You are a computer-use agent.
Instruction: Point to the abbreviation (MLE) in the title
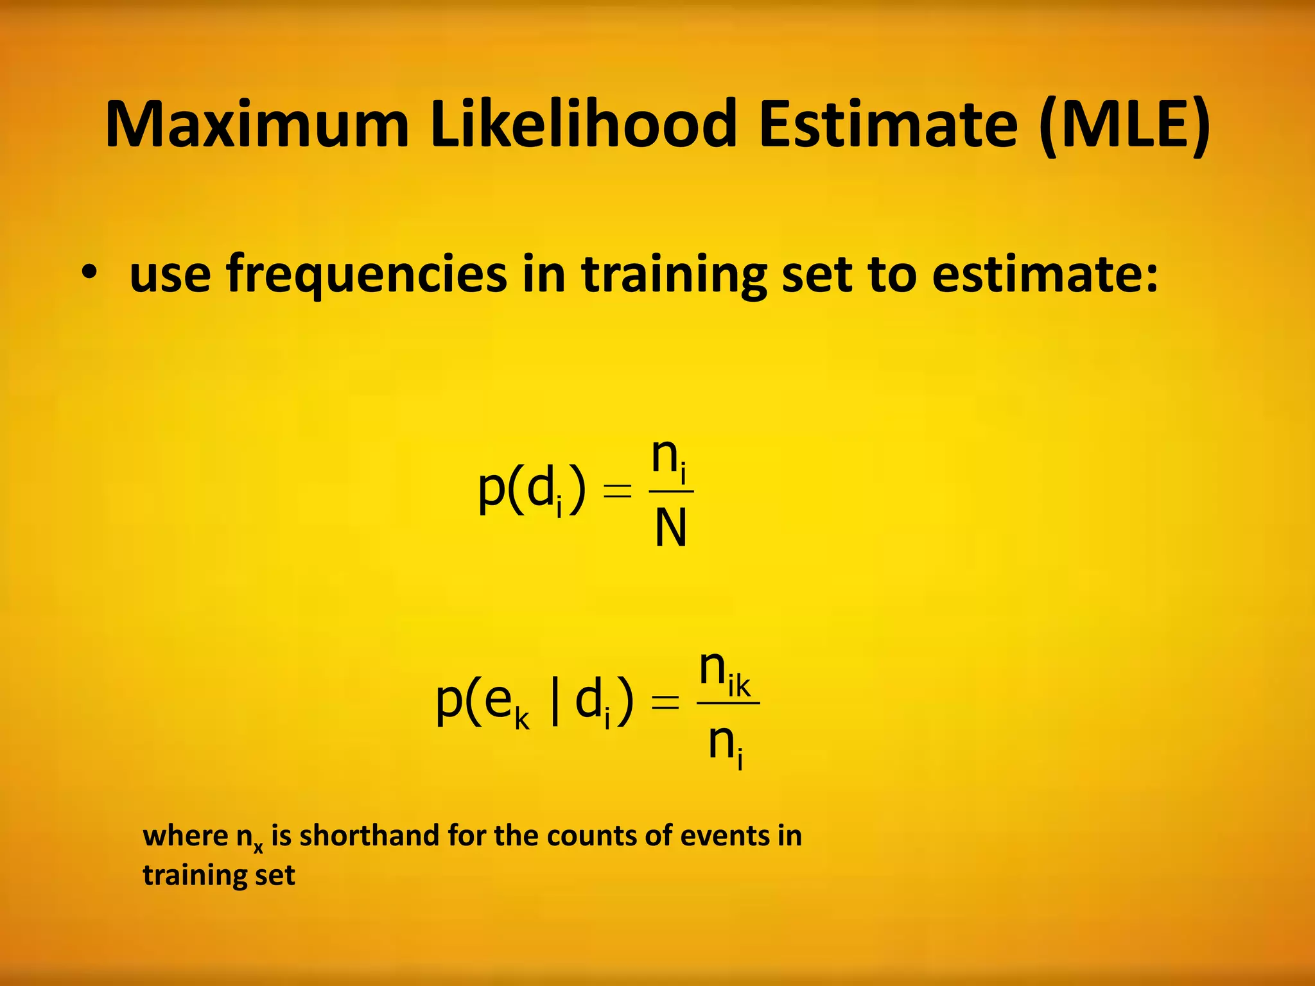[x=1124, y=125]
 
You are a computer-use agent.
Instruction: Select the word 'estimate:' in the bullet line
[x=1045, y=274]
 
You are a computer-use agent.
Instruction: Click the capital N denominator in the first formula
[x=671, y=528]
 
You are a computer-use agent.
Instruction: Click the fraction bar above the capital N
[x=671, y=492]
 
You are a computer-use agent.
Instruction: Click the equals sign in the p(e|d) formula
[x=665, y=703]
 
